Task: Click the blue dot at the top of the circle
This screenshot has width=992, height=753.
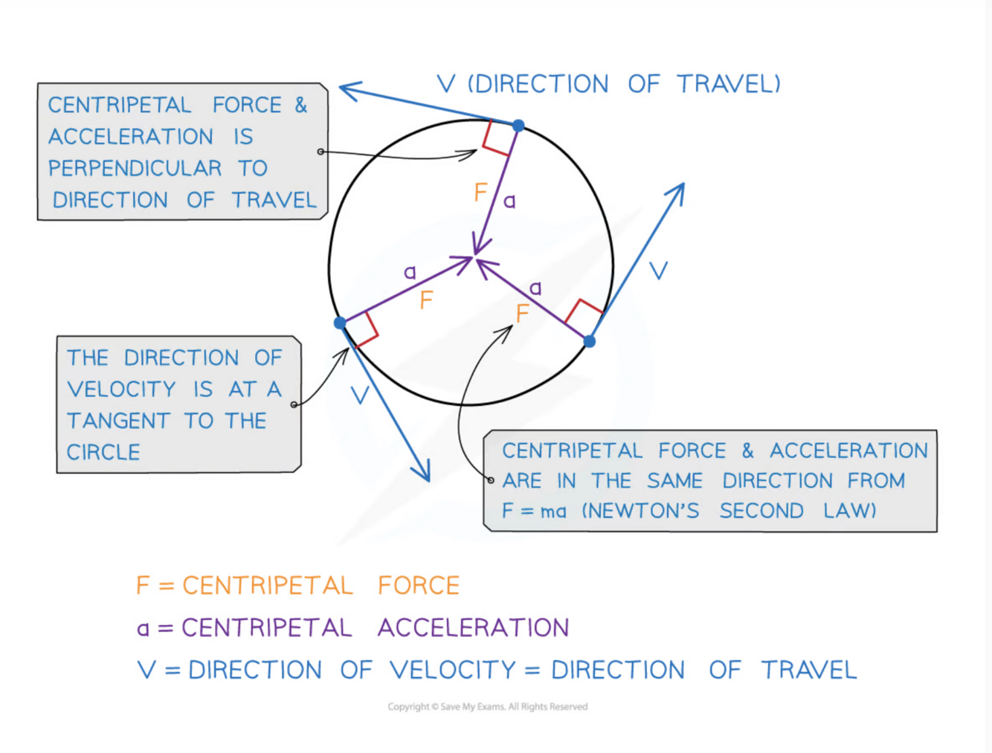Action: pos(518,126)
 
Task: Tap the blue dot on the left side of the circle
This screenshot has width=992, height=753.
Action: pos(340,323)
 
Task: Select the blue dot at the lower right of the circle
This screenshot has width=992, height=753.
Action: pos(589,341)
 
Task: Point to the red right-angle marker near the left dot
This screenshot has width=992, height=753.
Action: pos(364,330)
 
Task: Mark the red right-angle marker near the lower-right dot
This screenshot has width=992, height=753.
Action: pos(584,313)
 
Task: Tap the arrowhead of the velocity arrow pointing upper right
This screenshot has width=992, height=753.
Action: pos(680,189)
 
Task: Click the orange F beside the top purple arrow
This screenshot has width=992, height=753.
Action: pos(480,193)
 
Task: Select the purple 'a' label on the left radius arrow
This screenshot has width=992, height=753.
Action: pos(410,272)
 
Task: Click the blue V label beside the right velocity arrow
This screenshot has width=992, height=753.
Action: pos(658,271)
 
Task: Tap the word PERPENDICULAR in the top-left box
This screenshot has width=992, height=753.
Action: pos(135,168)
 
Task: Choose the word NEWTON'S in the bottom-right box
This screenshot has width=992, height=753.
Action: pos(640,511)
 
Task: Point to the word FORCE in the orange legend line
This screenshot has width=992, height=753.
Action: pos(419,586)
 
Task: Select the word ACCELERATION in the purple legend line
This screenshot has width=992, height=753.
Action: pos(473,627)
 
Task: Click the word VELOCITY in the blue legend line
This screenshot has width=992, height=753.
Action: pos(453,670)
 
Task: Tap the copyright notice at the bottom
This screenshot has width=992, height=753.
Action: pos(487,706)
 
